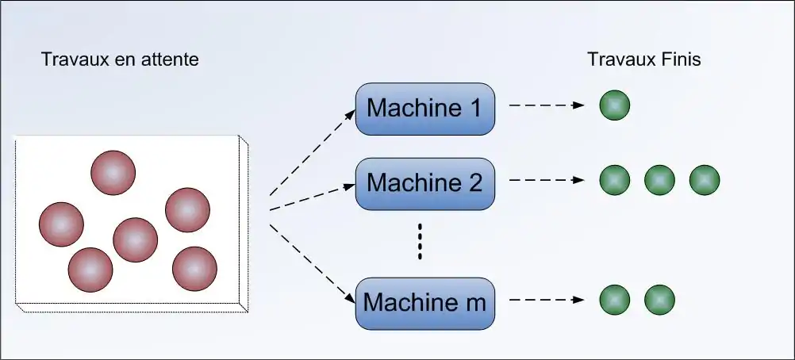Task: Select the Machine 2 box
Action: [424, 183]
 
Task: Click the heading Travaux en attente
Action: [120, 59]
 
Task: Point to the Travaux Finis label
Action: [643, 59]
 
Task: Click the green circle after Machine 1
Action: [615, 105]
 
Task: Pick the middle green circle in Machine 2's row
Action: [659, 181]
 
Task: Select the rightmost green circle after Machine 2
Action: [704, 181]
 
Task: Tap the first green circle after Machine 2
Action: [615, 181]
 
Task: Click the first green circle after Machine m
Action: [615, 300]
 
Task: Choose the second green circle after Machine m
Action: [659, 300]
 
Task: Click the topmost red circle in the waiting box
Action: [113, 171]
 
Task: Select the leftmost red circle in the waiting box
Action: [61, 224]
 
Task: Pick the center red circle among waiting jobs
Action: [135, 239]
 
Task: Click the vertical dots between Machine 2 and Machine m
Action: [421, 242]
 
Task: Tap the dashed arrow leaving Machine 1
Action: [547, 105]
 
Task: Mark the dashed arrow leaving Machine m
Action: [547, 301]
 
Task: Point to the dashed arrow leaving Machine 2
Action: [547, 182]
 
